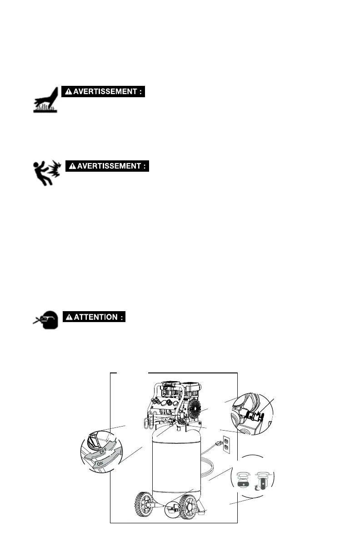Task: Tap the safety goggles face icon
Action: pyautogui.click(x=46, y=320)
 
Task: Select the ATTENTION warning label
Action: pyautogui.click(x=94, y=317)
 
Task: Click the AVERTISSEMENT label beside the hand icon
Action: pyautogui.click(x=103, y=91)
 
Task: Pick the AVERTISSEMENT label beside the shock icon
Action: pyautogui.click(x=107, y=166)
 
